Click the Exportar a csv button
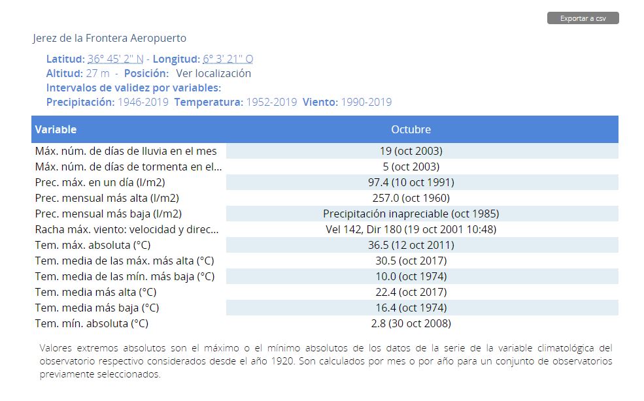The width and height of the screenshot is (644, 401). [x=583, y=18]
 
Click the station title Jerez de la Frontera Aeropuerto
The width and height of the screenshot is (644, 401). [x=110, y=38]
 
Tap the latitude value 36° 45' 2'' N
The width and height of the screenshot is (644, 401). [x=116, y=59]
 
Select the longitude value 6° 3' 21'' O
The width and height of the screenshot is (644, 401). [x=228, y=59]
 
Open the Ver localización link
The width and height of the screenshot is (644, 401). [x=214, y=73]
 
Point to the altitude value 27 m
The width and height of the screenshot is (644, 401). [x=98, y=73]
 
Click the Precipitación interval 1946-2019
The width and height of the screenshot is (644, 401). [x=143, y=102]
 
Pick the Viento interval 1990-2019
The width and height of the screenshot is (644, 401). [x=366, y=102]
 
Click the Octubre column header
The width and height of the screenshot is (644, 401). [x=411, y=129]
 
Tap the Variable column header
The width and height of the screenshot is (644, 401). [x=56, y=129]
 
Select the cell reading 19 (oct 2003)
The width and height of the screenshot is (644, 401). [x=411, y=151]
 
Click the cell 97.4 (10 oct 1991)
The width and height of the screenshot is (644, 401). [x=411, y=182]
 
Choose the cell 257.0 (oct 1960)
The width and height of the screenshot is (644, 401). [x=411, y=198]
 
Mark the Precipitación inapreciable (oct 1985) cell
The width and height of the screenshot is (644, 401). [x=411, y=214]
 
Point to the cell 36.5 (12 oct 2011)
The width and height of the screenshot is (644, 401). [x=411, y=245]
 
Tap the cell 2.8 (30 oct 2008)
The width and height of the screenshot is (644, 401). [x=411, y=323]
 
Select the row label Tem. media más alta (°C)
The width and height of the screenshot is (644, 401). [x=95, y=292]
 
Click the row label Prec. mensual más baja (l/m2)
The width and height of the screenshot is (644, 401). [x=109, y=214]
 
